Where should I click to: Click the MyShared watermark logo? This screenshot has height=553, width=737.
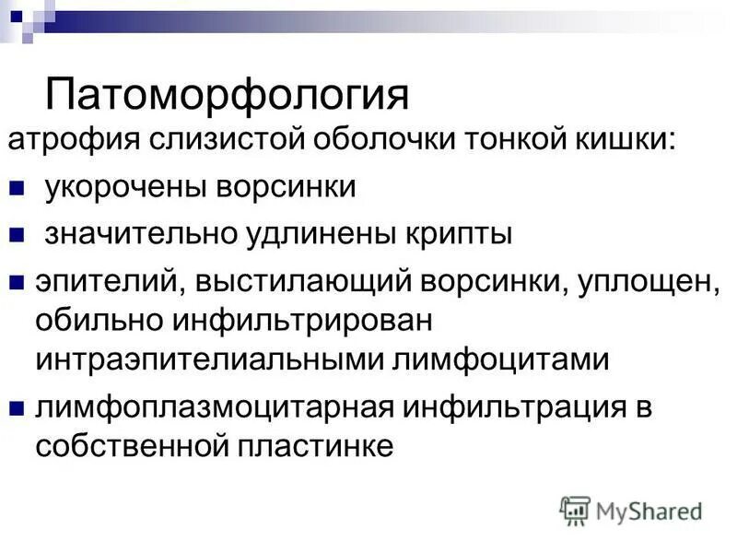pyautogui.click(x=630, y=510)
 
